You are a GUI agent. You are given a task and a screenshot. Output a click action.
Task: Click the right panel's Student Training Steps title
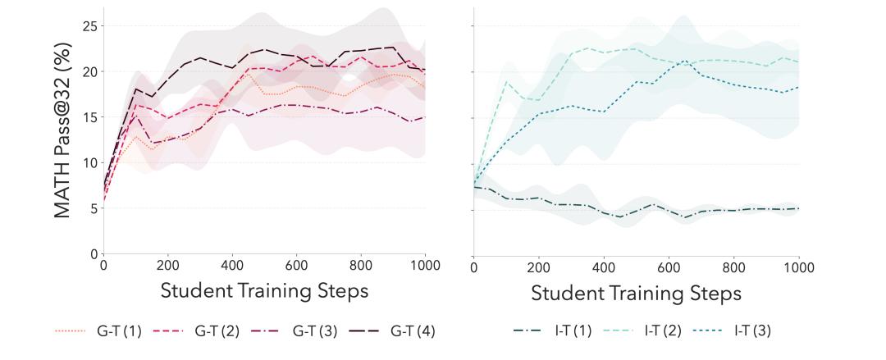coord(636,292)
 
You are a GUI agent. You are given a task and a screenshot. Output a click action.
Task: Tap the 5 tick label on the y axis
coord(92,208)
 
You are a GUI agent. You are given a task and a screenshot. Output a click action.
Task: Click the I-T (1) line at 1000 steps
coord(798,208)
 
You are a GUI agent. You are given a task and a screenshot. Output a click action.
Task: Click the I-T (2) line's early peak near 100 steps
coord(507,81)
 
